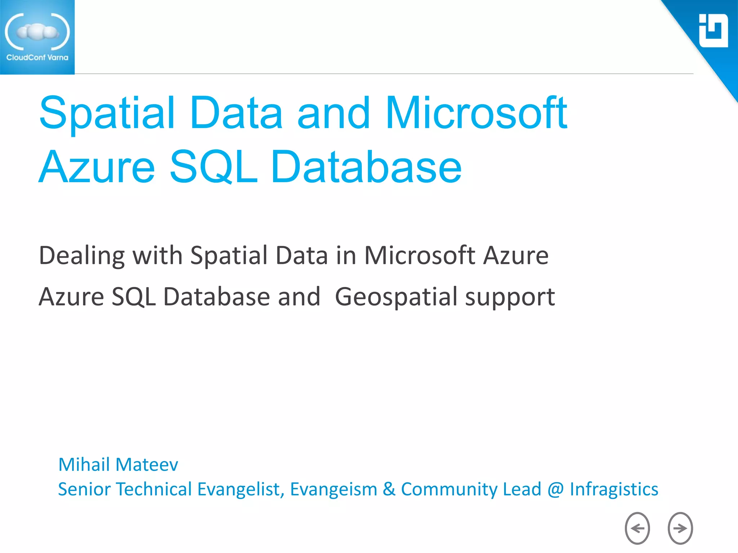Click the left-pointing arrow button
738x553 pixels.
tap(637, 528)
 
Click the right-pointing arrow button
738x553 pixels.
tap(680, 528)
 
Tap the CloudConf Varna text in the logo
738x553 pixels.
tap(37, 58)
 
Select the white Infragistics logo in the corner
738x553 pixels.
tap(713, 31)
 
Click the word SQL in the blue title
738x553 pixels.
tap(213, 167)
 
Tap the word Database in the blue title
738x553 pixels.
tap(366, 167)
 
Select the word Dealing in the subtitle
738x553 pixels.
tap(82, 256)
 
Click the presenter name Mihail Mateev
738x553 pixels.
tap(118, 464)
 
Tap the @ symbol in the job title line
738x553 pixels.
tap(555, 490)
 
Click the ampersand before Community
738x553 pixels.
tap(389, 489)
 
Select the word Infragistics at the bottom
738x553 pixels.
tap(614, 490)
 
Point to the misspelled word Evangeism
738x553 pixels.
tap(333, 490)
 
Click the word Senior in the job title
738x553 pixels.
tap(84, 489)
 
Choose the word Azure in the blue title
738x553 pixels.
tap(97, 167)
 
